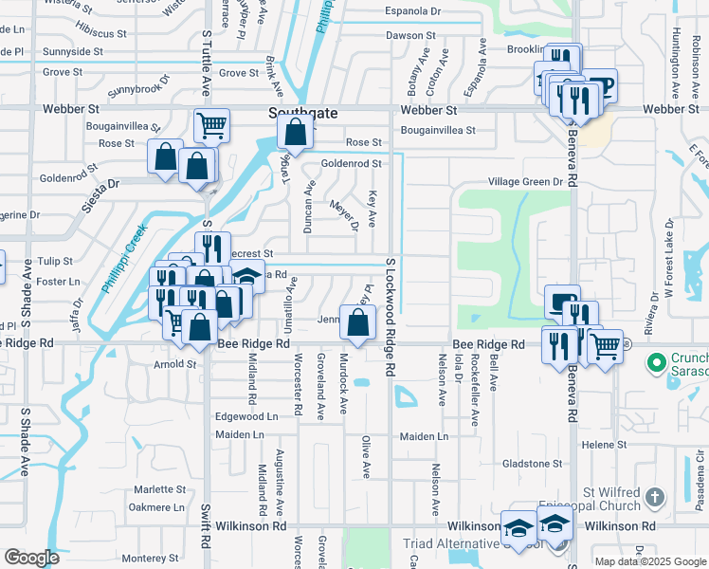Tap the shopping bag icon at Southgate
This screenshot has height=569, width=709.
[296, 136]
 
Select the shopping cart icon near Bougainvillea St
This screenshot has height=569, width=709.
[212, 125]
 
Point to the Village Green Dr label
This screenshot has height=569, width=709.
[525, 181]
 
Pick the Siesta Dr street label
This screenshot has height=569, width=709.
[100, 184]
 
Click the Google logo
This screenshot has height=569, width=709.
[32, 558]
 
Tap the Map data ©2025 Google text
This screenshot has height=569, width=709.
[651, 561]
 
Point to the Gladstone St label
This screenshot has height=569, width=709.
[532, 464]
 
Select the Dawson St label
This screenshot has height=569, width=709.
[409, 35]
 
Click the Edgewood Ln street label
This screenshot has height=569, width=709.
[246, 416]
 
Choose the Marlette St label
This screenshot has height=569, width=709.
[159, 489]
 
